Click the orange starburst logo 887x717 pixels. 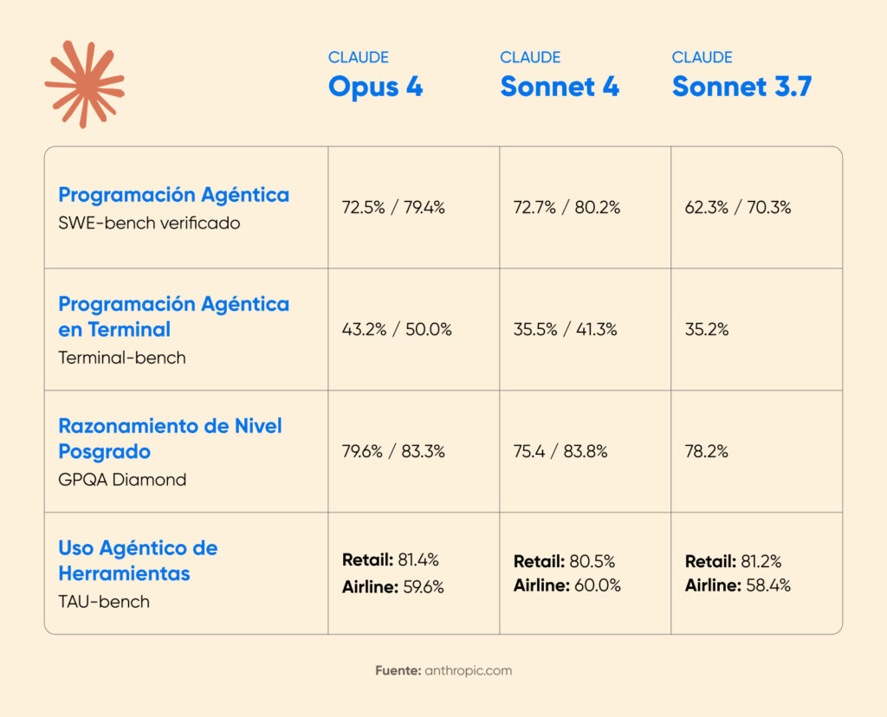point(84,84)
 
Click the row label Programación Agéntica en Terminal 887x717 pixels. point(173,317)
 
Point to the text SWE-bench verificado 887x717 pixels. point(149,223)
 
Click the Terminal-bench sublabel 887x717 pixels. point(122,358)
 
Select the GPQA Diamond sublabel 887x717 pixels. point(122,479)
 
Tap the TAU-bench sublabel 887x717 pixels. point(104,601)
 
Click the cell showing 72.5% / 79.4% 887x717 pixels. point(393,208)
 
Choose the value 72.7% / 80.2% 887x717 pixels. point(566,208)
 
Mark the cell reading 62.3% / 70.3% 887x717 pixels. point(737,208)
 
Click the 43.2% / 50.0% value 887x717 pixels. point(397,329)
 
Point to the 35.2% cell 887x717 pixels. point(706,329)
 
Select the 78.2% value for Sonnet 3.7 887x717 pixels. point(706,451)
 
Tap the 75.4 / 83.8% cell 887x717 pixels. point(560,451)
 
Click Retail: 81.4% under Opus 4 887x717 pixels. point(390,559)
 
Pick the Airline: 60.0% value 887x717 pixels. point(567,585)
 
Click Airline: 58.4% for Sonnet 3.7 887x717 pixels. point(737,585)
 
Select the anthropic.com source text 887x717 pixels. point(468,670)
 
